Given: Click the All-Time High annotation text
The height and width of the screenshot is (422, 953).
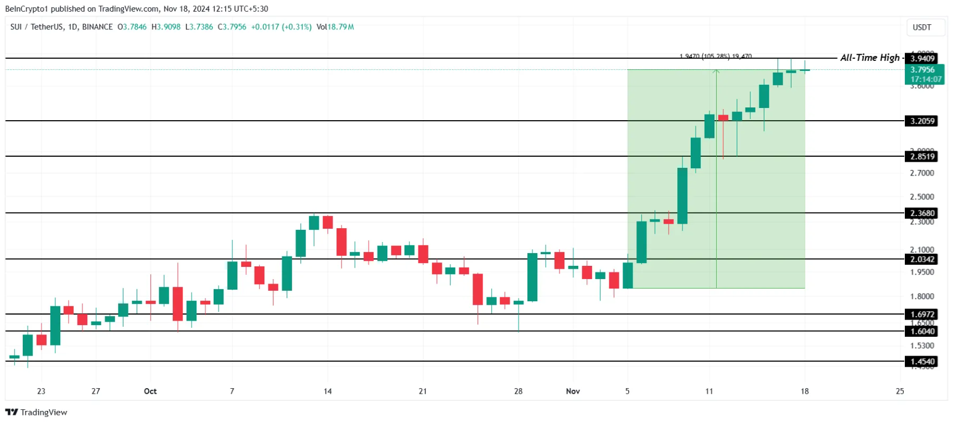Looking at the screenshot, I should [x=869, y=58].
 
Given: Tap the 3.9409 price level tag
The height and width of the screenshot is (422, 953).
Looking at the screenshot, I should [x=922, y=59].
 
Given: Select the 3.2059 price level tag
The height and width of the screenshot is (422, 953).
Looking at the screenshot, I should [x=922, y=121].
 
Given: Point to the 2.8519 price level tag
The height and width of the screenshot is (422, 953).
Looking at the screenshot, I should [x=922, y=156].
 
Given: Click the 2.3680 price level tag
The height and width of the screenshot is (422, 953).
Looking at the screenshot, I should [x=922, y=213].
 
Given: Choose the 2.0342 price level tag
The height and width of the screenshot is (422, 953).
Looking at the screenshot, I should [x=922, y=259].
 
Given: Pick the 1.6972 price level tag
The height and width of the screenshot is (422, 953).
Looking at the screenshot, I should [x=922, y=314].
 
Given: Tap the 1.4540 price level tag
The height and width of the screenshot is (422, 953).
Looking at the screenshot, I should [x=922, y=362].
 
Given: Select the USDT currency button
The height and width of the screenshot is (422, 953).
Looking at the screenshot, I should [x=921, y=27].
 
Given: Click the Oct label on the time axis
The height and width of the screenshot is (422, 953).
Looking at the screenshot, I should [x=150, y=391].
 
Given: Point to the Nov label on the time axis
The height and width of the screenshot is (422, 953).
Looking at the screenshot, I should [x=573, y=391].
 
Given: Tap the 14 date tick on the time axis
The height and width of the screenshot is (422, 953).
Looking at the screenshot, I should [x=328, y=391].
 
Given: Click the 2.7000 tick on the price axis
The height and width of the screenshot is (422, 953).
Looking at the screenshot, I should [x=921, y=173].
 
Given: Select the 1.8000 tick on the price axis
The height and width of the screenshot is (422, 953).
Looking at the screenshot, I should [x=921, y=296].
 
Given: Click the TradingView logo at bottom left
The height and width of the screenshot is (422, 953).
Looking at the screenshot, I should [x=36, y=412].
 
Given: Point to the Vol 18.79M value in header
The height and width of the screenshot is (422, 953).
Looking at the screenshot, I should [x=335, y=27].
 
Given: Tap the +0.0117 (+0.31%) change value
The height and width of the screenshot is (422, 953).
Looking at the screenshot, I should [x=281, y=27].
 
